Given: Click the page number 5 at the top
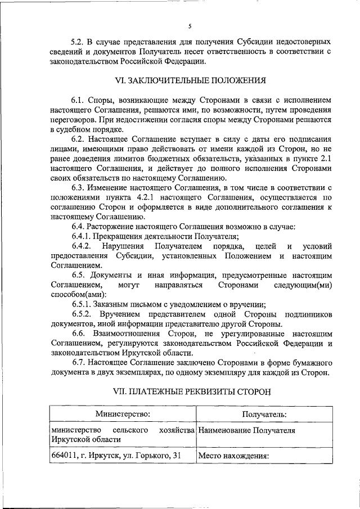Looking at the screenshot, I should click(190, 26).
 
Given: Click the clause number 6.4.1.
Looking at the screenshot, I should click(82, 236).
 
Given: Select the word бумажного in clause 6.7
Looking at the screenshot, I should click(309, 363).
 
